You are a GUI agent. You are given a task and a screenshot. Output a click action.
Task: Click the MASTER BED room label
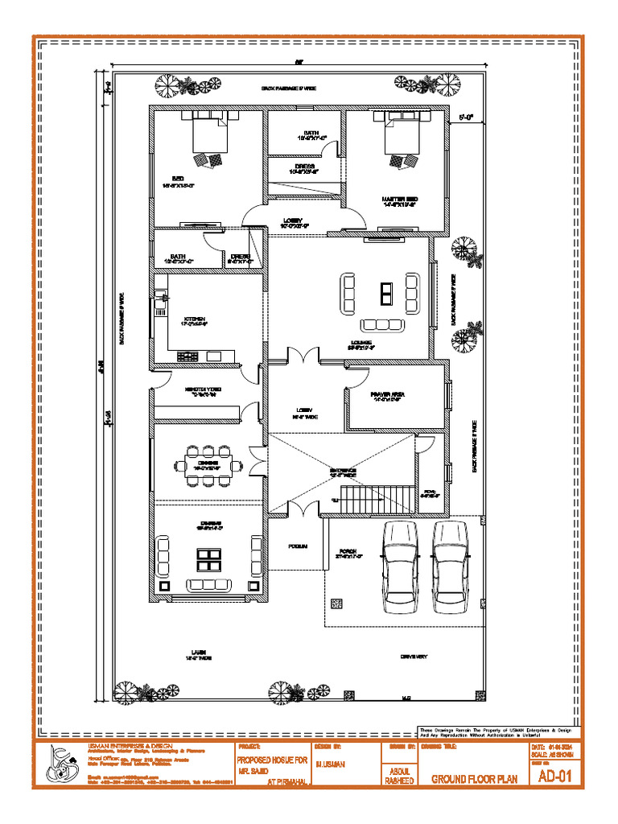click(x=399, y=198)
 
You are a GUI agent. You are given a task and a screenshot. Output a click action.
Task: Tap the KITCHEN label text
click(x=195, y=319)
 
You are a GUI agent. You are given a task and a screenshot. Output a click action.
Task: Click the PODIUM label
click(x=298, y=546)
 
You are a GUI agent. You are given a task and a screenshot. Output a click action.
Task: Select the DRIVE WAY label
click(x=414, y=656)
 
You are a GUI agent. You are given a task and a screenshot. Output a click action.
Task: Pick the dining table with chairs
click(x=208, y=465)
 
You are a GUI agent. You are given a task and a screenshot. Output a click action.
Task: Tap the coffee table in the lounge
click(x=388, y=294)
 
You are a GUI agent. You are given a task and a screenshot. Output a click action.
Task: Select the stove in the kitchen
click(x=187, y=356)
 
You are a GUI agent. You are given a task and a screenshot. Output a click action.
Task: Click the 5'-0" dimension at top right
click(x=467, y=117)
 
